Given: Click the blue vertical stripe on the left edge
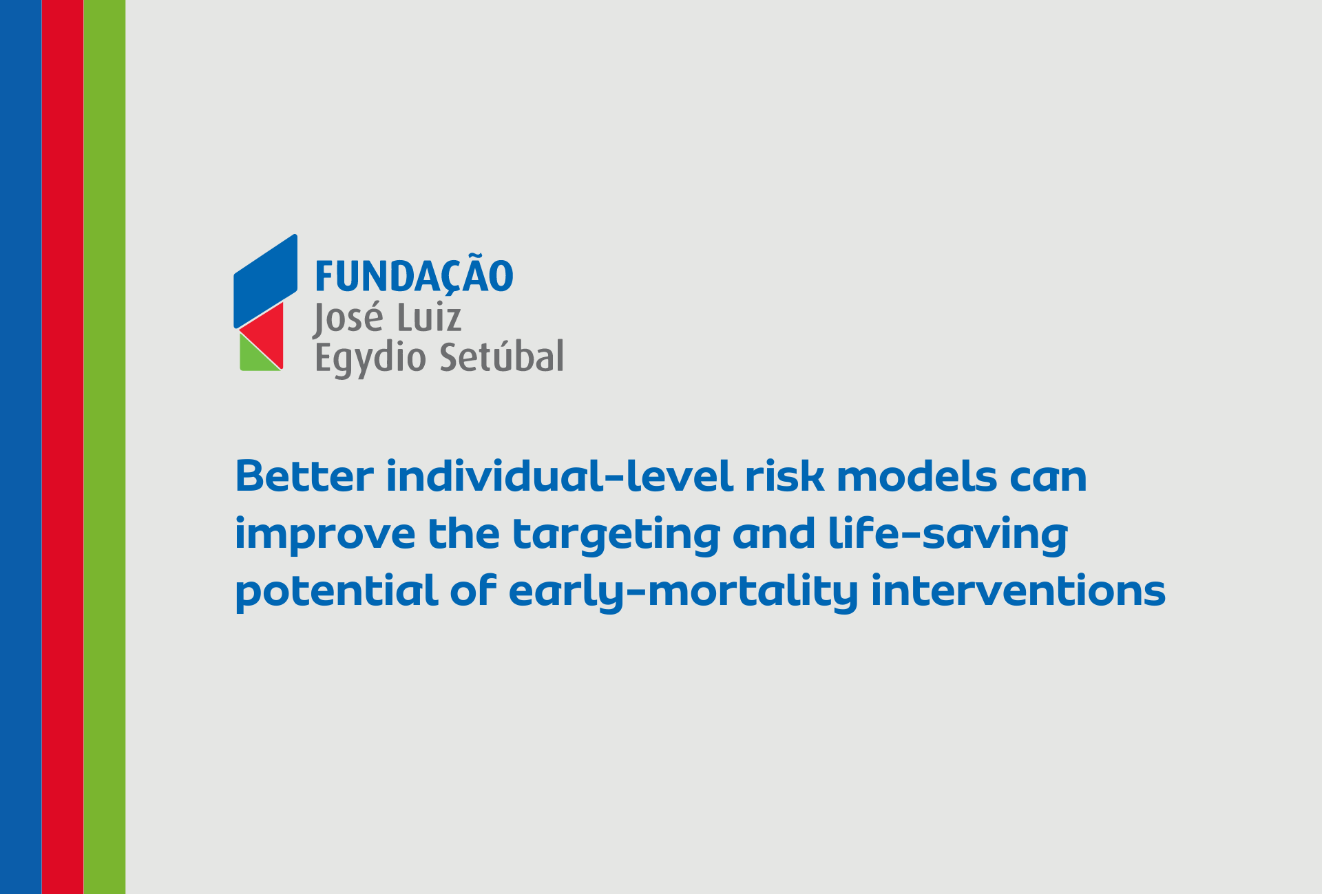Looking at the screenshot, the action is click(x=21, y=447).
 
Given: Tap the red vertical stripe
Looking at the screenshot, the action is click(x=63, y=447).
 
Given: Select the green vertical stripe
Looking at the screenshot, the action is click(x=105, y=447).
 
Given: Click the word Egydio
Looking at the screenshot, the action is click(x=370, y=359).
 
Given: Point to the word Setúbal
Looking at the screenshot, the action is click(x=501, y=356).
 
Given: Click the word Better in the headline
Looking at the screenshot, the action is click(x=304, y=476).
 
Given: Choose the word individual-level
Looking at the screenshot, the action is click(x=559, y=476).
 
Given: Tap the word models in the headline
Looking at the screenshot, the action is click(x=916, y=476).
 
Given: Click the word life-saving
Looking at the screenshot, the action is click(x=947, y=535).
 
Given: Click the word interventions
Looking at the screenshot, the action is click(x=1018, y=591).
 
